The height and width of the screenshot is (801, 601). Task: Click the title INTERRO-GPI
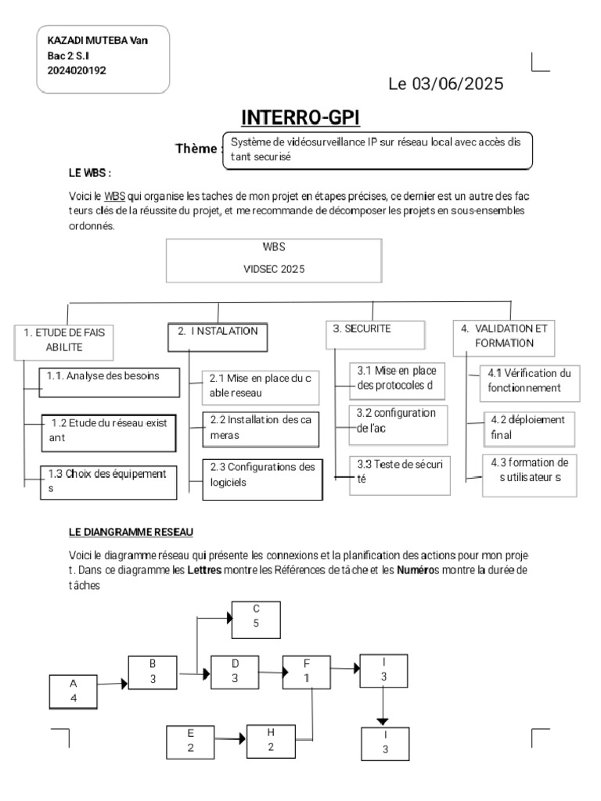click(x=300, y=117)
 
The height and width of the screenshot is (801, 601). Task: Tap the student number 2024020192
click(x=77, y=70)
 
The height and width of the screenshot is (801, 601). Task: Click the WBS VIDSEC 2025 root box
click(x=274, y=260)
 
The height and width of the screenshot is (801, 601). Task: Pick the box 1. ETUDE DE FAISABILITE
click(x=64, y=339)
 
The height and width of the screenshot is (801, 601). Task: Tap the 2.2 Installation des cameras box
click(x=261, y=427)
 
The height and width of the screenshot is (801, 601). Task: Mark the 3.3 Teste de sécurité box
click(x=400, y=472)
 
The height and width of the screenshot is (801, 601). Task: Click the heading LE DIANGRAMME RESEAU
click(x=130, y=532)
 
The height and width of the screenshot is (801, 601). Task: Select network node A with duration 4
click(x=74, y=691)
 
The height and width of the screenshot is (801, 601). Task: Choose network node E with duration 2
click(x=191, y=740)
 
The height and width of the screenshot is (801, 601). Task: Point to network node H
click(x=270, y=739)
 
